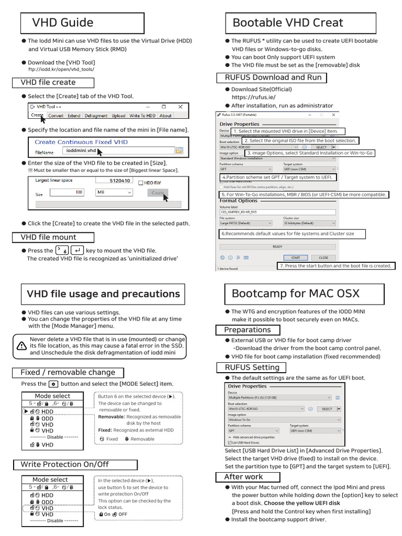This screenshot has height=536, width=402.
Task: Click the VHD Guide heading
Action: click(x=63, y=23)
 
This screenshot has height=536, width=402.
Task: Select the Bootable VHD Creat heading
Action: click(x=287, y=23)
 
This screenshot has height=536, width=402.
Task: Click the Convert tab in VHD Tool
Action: click(x=56, y=116)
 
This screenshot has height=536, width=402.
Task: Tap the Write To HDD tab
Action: click(x=142, y=116)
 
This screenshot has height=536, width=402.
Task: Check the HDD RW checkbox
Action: click(x=140, y=183)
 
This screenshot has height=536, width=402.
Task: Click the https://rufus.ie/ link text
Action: click(x=253, y=97)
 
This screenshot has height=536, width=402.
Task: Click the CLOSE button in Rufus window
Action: click(x=323, y=258)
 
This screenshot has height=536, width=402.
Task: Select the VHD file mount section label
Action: click(x=48, y=238)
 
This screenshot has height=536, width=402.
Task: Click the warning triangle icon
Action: click(x=21, y=345)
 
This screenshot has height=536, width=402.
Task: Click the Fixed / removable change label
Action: click(x=68, y=373)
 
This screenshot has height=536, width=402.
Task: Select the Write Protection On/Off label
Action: click(x=65, y=464)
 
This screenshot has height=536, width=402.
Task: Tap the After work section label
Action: click(x=243, y=477)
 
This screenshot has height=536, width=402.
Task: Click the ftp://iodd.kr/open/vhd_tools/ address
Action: click(x=61, y=69)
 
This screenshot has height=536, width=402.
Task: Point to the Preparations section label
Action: click(x=247, y=330)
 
